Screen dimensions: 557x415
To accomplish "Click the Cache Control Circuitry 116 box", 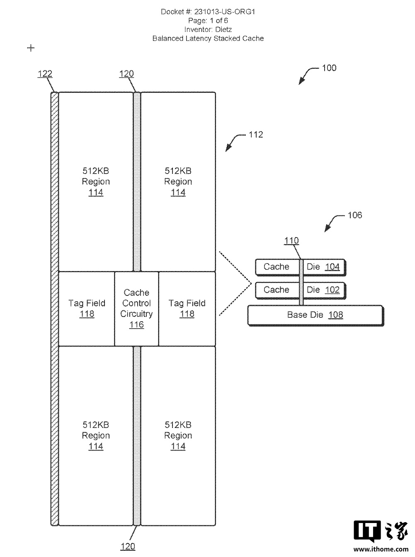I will tap(136, 309).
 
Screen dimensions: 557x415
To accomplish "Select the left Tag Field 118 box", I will tap(87, 309).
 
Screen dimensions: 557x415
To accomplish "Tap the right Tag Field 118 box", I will tap(187, 309).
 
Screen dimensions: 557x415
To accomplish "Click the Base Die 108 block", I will tap(315, 315).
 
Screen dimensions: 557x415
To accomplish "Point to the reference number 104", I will tap(332, 267).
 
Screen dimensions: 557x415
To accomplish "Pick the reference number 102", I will tap(332, 290).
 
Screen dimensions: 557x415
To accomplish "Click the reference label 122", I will tap(45, 74).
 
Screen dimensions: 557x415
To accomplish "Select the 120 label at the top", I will tap(126, 74).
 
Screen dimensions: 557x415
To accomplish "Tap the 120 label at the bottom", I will tap(127, 546).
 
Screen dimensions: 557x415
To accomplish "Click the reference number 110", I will tap(291, 241).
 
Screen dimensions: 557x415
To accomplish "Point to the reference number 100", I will tap(329, 68).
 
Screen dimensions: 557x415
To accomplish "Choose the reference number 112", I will tap(256, 135).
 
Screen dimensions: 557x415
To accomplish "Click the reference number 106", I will tap(354, 215).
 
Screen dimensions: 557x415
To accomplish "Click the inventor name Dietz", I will tap(223, 29).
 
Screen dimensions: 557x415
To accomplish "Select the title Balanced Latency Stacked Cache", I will tap(208, 39).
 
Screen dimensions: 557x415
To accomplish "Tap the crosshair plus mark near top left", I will tap(31, 48).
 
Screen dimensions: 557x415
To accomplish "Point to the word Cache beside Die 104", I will tap(276, 267).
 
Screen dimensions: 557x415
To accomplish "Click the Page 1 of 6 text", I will tap(208, 21).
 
